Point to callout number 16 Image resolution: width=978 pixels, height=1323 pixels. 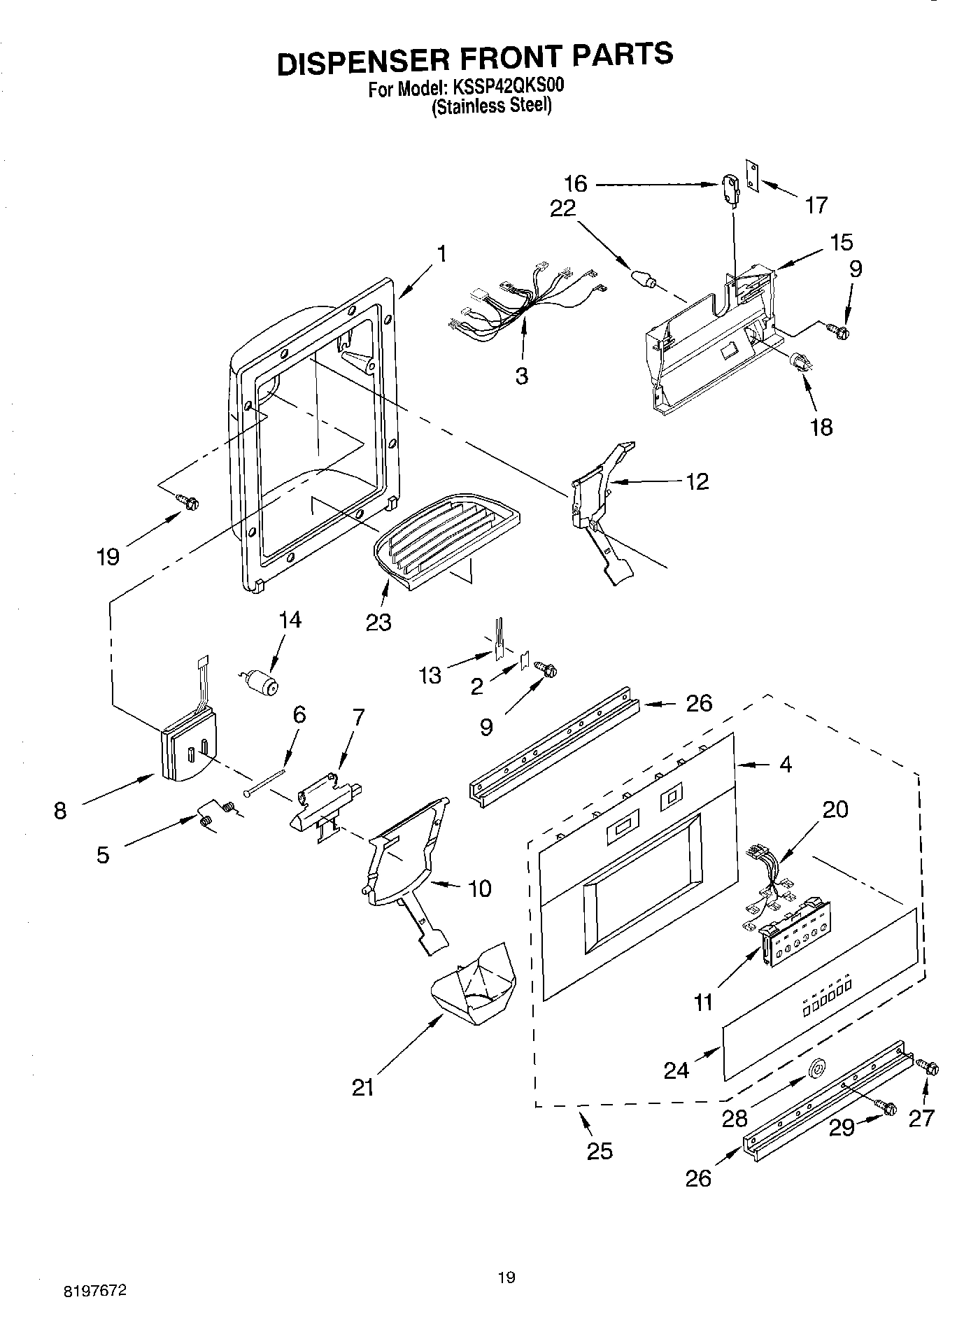tap(576, 185)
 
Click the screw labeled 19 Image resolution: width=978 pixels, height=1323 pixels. tap(188, 501)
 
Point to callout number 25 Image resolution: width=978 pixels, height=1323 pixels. tap(600, 1150)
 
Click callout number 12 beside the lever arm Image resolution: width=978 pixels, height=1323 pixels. tap(697, 481)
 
